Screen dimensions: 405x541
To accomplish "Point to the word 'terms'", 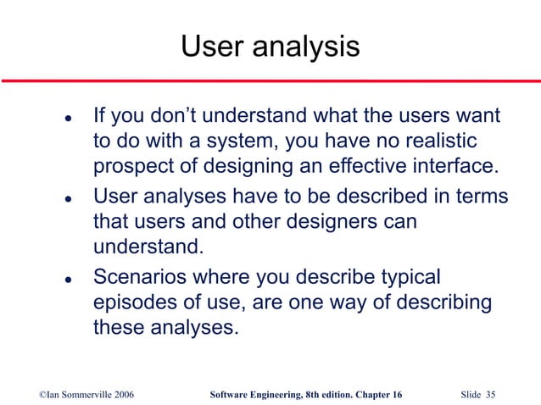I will click(x=481, y=197).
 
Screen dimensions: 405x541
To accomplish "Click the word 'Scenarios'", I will click(x=140, y=278).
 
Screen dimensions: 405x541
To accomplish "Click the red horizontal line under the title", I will click(x=270, y=80).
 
